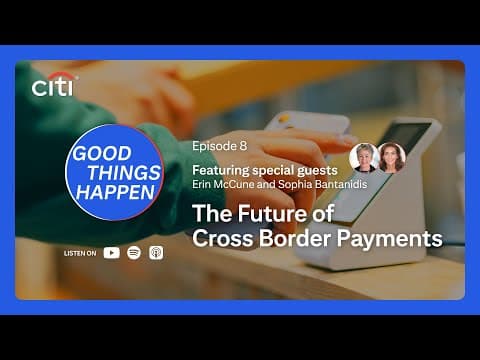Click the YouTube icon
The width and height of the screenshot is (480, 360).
[x=111, y=253]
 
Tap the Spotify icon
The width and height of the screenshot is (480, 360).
[x=134, y=253]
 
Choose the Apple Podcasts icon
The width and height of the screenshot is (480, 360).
[x=155, y=253]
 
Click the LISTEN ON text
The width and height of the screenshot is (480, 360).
[x=80, y=254]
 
